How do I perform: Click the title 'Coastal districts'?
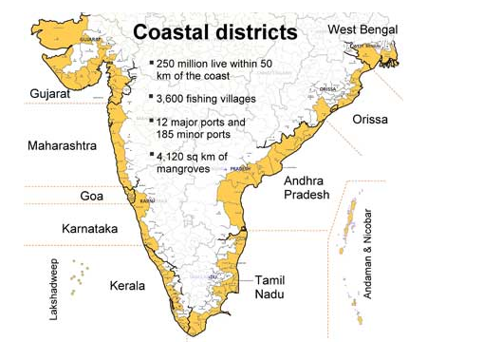tap(214, 32)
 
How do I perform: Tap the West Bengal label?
tap(364, 30)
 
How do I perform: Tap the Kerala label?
tap(127, 285)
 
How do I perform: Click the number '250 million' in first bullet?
tap(185, 64)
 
